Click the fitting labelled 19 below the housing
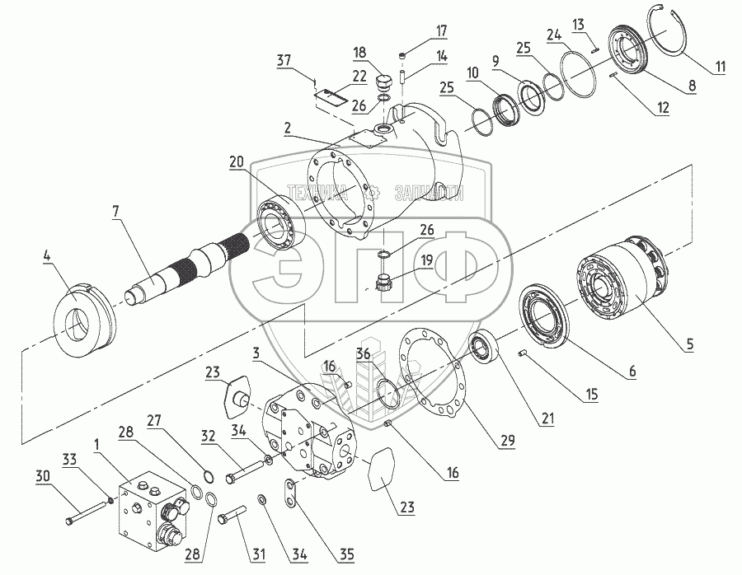381,284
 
